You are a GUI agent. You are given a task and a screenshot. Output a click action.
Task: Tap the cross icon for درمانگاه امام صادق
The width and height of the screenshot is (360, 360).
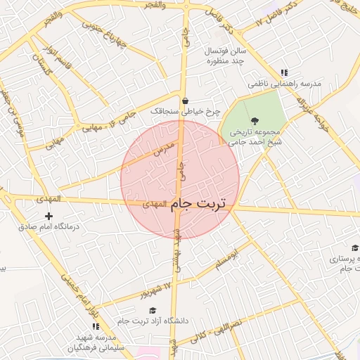[49, 216]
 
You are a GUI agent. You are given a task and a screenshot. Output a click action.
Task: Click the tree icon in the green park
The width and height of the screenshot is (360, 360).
[255, 121]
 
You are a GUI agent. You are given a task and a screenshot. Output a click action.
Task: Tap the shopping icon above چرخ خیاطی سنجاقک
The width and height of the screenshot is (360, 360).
[185, 101]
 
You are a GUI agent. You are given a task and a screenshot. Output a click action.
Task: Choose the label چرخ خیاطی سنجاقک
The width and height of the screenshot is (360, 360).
[186, 111]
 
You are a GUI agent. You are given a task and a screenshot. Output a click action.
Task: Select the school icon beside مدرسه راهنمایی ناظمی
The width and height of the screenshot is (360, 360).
[284, 72]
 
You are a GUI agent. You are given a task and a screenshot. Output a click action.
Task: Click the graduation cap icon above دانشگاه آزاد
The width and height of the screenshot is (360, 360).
[153, 310]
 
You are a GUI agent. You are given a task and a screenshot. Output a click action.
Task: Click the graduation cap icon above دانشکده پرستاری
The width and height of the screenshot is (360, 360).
[355, 247]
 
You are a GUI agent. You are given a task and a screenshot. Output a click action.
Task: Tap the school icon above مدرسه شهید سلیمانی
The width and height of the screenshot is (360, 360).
[96, 326]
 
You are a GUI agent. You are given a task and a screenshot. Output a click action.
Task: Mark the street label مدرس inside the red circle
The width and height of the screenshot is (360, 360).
[162, 149]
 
